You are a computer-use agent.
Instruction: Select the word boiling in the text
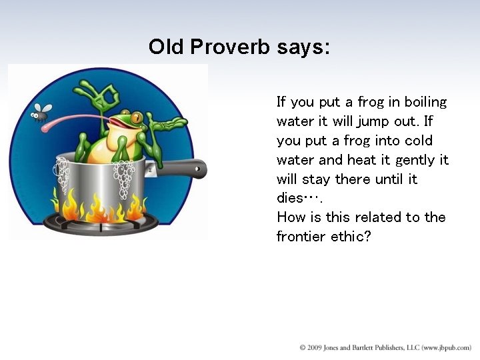point(424,102)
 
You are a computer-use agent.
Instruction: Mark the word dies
point(291,198)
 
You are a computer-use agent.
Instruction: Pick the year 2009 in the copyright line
point(315,348)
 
